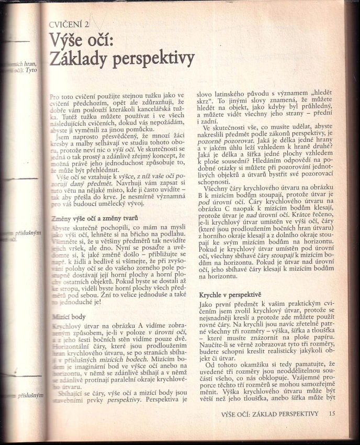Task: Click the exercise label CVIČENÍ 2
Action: pos(69,25)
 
